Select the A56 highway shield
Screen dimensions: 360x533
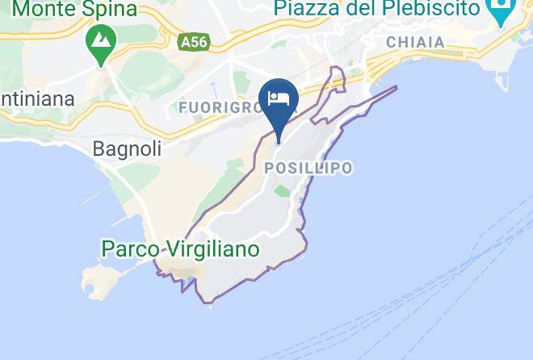191,40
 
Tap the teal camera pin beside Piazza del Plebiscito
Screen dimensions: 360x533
502,12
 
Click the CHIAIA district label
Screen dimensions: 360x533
416,42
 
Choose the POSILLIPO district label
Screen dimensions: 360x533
308,168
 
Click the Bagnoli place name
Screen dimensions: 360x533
128,149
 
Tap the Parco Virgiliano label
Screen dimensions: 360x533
180,249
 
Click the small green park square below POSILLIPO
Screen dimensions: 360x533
282,191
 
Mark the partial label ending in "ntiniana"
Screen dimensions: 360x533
37,99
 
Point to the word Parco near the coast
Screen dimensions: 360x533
128,249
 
